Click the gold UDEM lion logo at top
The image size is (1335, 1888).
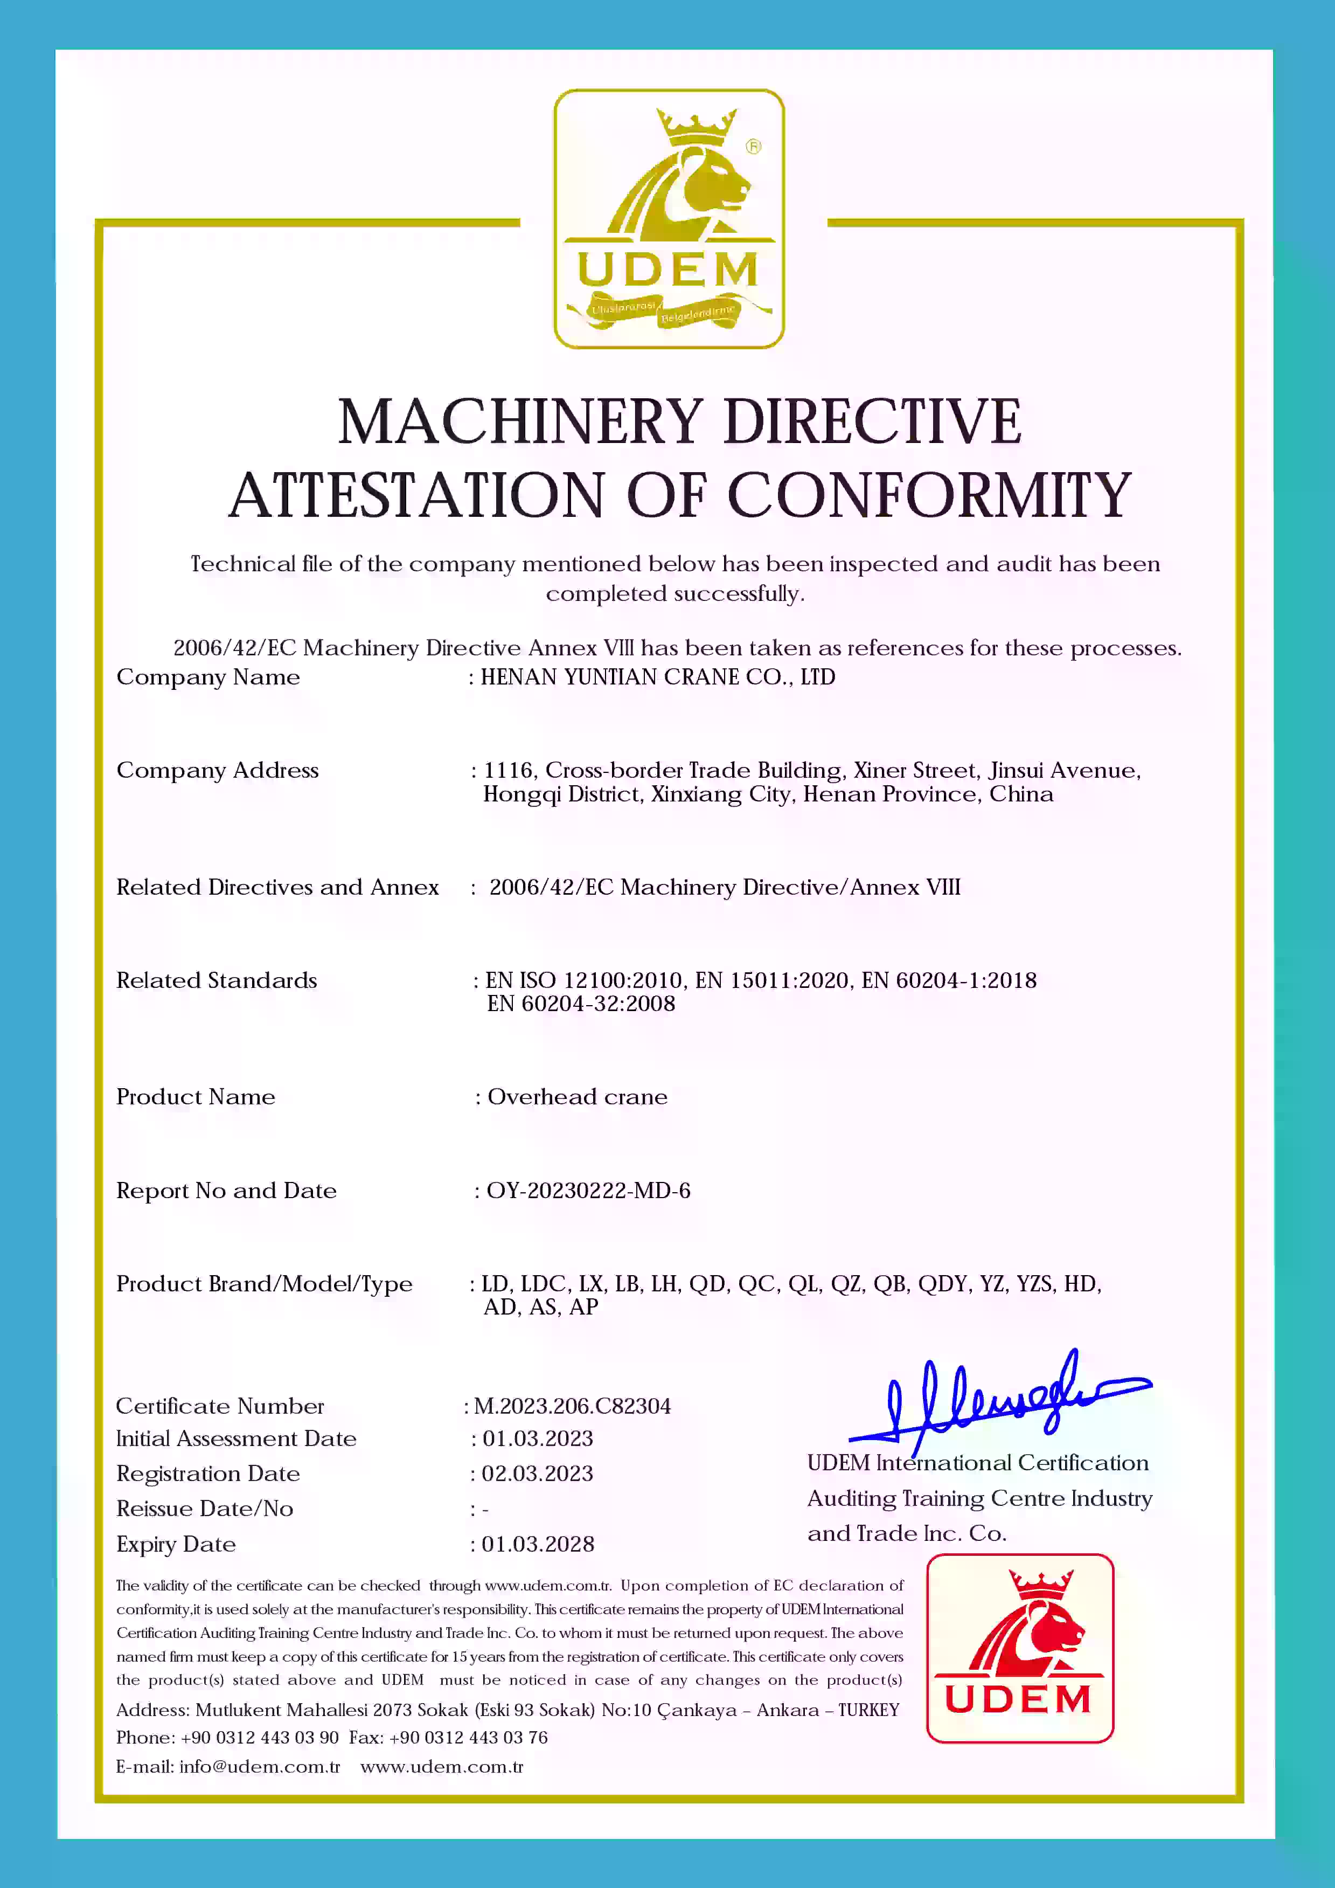[x=669, y=219]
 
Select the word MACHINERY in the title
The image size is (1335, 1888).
[x=520, y=422]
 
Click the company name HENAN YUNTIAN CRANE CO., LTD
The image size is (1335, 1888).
[x=658, y=677]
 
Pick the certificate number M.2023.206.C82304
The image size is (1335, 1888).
[x=572, y=1406]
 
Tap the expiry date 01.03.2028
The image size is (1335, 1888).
[x=538, y=1544]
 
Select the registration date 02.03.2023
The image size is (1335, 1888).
[x=538, y=1474]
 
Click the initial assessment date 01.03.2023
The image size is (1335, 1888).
[x=538, y=1438]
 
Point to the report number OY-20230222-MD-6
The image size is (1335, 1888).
[x=589, y=1191]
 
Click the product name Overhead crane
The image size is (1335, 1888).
[x=577, y=1097]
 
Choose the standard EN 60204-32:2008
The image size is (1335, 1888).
[x=581, y=1004]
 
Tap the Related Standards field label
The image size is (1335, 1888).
[x=216, y=980]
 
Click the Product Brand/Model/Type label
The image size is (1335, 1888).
[x=264, y=1284]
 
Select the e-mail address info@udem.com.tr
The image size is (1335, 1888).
[x=259, y=1766]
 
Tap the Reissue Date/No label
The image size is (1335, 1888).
[x=205, y=1509]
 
